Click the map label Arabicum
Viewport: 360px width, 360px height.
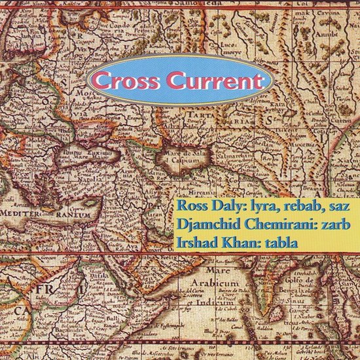point(217,285)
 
